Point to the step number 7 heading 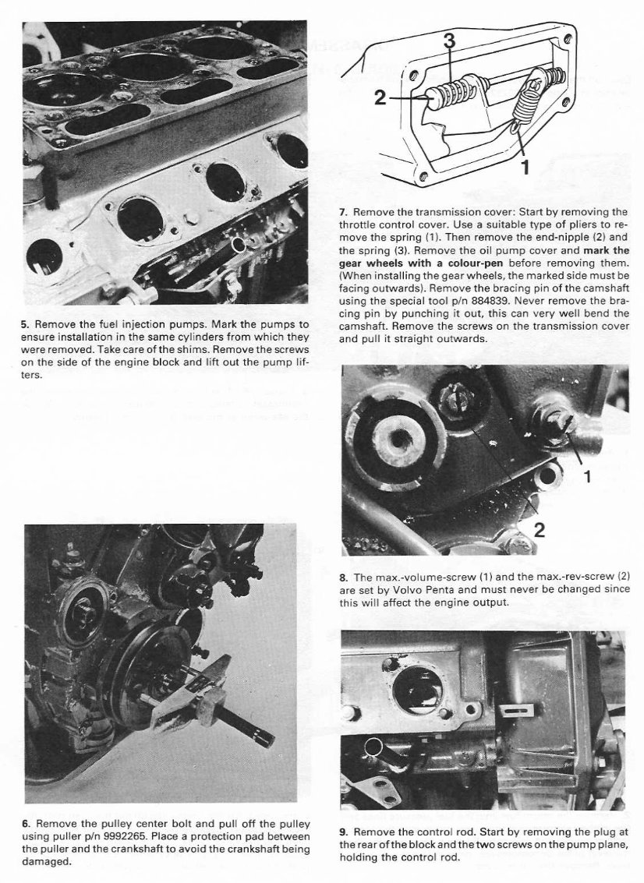coord(343,212)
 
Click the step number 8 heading coord(343,577)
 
